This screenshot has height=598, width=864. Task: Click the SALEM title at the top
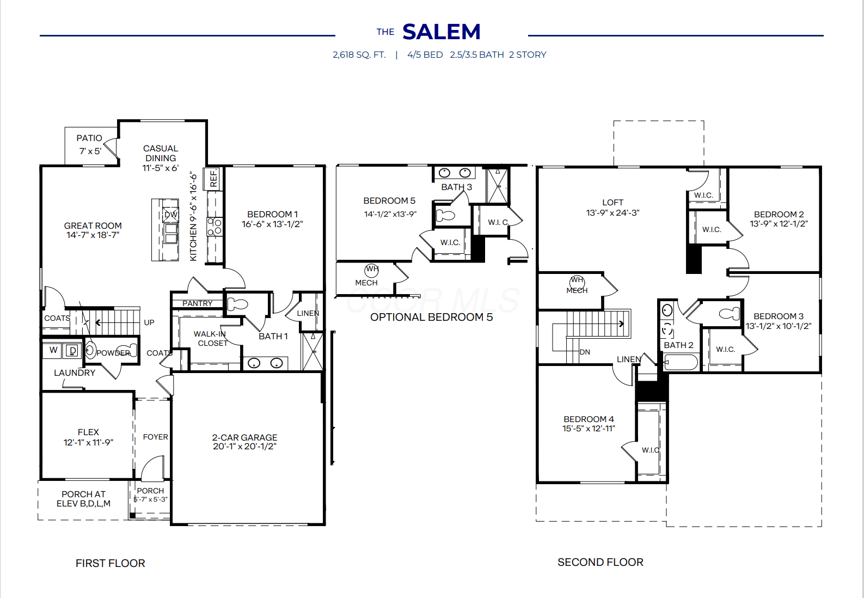point(442,32)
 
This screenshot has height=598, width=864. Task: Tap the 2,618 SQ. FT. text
point(359,55)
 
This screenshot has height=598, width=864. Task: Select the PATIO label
point(89,138)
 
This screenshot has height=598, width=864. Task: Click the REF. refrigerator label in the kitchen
point(213,179)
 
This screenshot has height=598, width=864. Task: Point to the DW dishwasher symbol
point(170,215)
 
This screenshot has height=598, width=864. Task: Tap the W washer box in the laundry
point(53,350)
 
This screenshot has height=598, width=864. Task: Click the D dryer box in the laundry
point(72,350)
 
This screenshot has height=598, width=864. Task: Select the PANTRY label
point(198,304)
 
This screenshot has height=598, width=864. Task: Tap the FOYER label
point(156,437)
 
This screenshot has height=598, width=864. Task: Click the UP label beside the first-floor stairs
point(149,322)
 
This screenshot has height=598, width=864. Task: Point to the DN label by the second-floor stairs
point(585,352)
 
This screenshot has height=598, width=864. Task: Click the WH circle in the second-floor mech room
point(577,280)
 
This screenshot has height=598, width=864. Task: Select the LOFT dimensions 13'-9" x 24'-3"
point(612,212)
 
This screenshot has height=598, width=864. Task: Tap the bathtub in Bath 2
point(681,363)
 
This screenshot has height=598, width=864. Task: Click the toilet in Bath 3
point(445,215)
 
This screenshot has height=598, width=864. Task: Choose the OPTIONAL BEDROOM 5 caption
point(431,317)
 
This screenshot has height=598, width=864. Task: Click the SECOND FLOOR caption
point(600,562)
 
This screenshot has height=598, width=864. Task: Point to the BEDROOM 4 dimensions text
point(589,428)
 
